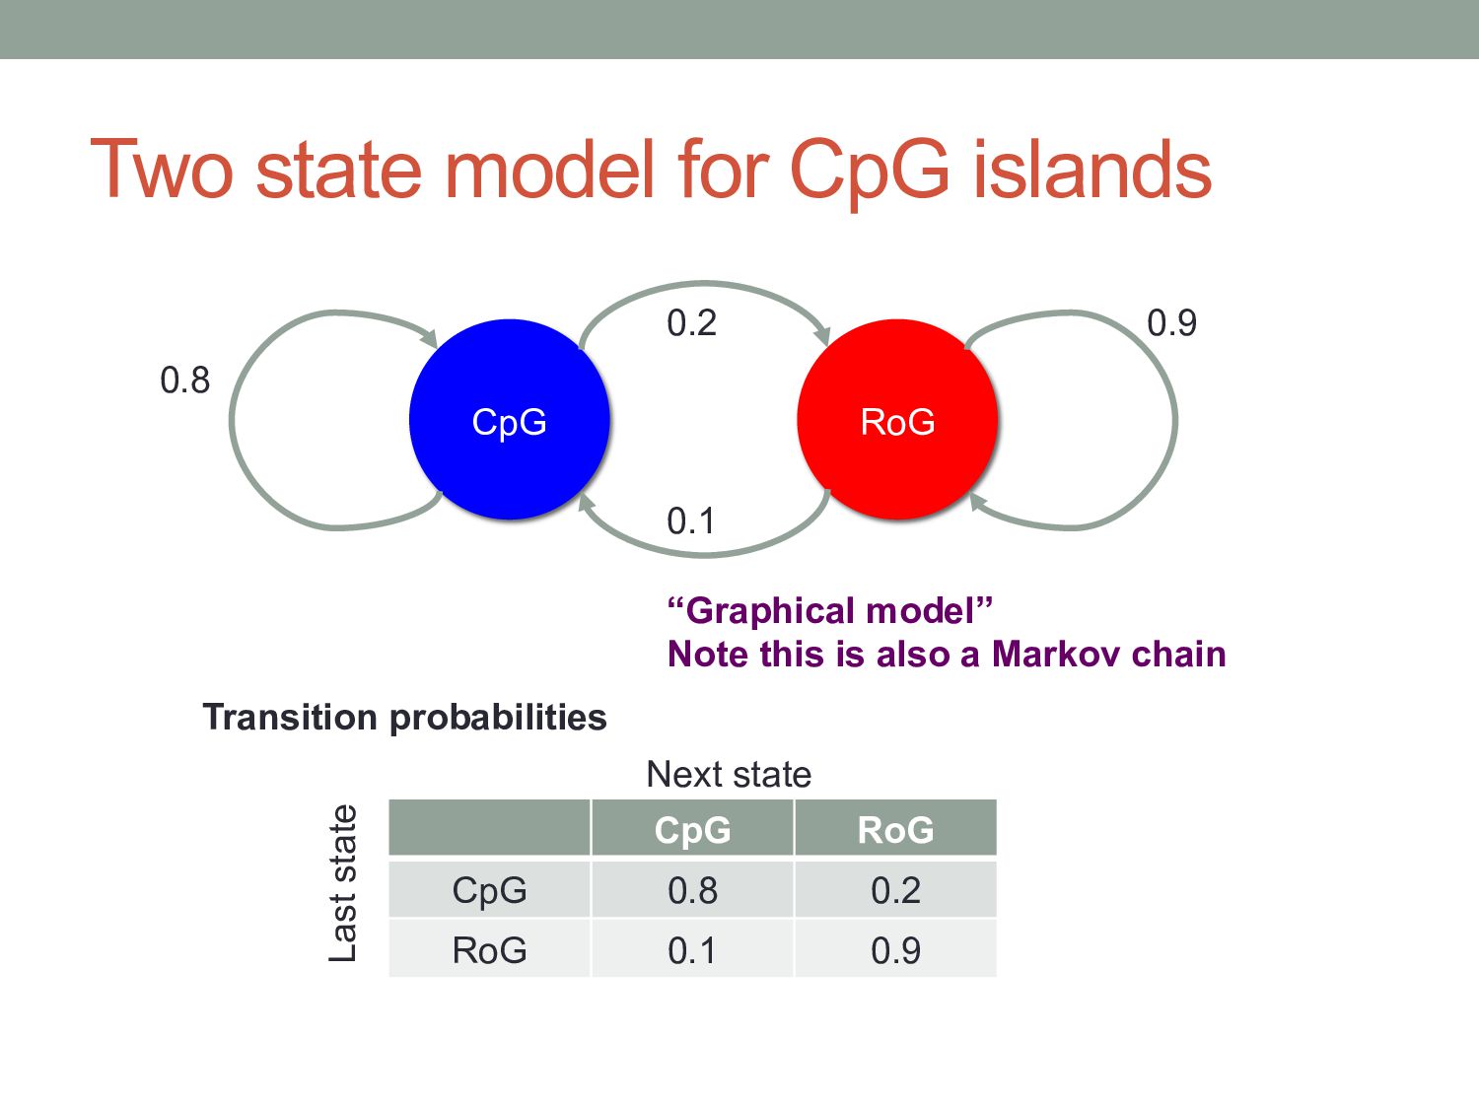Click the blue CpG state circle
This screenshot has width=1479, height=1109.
[509, 420]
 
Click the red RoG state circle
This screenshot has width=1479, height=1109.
[897, 420]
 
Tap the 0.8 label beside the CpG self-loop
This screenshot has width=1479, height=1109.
[185, 381]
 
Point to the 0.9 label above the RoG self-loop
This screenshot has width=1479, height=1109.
[1171, 323]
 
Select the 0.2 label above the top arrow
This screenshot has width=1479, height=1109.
[691, 323]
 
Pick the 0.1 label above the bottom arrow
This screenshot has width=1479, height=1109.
[691, 521]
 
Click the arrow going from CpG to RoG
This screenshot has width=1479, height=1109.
[704, 286]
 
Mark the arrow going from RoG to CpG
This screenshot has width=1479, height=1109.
[704, 553]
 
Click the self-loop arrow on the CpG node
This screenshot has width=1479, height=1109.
[235, 420]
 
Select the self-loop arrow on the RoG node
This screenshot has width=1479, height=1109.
[1173, 420]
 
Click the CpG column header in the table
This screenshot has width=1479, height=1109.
[692, 830]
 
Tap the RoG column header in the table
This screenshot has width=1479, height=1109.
[895, 830]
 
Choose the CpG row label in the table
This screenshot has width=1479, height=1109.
[489, 891]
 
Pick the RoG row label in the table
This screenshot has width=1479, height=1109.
[489, 951]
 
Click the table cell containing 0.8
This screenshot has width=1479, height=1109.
[692, 891]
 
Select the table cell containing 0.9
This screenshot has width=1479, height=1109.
[895, 951]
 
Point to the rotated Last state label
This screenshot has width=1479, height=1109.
[342, 883]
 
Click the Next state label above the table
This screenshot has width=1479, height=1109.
[729, 775]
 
